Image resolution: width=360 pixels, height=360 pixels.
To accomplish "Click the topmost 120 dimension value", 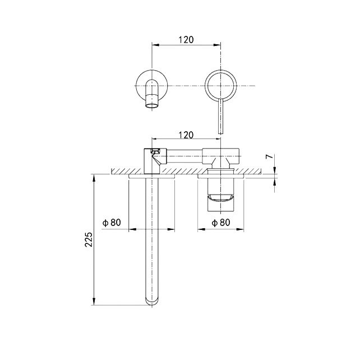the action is tap(186, 40).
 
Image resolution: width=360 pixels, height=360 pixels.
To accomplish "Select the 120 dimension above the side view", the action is tap(186, 135).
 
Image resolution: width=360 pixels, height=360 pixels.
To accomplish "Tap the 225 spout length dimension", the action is tap(89, 239).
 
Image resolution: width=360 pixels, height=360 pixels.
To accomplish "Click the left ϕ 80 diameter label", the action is tap(112, 223).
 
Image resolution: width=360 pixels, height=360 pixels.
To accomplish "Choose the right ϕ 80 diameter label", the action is tap(221, 223).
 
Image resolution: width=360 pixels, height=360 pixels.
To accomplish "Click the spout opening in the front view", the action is tap(152, 106).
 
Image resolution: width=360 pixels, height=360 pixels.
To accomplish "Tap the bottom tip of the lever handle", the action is tap(220, 133).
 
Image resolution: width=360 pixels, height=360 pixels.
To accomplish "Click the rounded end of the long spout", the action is tap(152, 303).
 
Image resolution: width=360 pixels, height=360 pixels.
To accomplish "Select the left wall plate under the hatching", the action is tap(152, 176).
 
